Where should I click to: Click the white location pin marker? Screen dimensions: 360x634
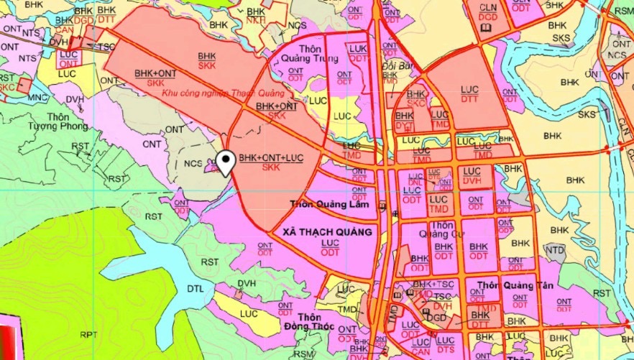pos(226,163)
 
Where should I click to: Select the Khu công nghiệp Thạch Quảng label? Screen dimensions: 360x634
pos(223,93)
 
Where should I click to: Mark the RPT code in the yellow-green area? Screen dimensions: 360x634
pos(88,335)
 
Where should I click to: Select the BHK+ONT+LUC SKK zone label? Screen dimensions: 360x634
pos(271,162)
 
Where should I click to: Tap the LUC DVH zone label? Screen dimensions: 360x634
pos(472,176)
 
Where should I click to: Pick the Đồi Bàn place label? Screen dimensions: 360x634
pos(392,65)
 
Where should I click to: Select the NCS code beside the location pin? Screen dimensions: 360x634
pos(193,164)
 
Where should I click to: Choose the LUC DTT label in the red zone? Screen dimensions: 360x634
pos(470,94)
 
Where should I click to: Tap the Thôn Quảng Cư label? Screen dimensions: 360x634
pos(444,229)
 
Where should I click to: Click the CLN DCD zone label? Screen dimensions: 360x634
pos(488,11)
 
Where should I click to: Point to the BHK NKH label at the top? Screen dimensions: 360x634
pos(255,15)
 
